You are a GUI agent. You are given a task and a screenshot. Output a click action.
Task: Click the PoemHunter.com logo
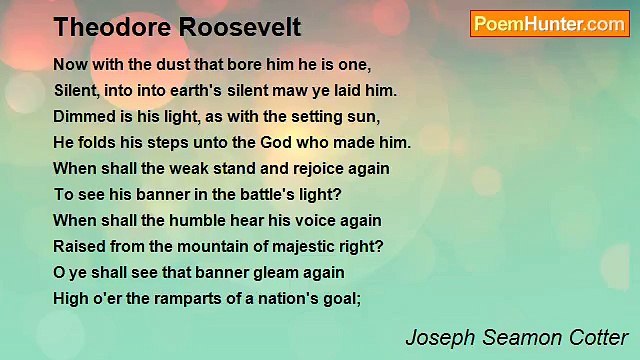[549, 24]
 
